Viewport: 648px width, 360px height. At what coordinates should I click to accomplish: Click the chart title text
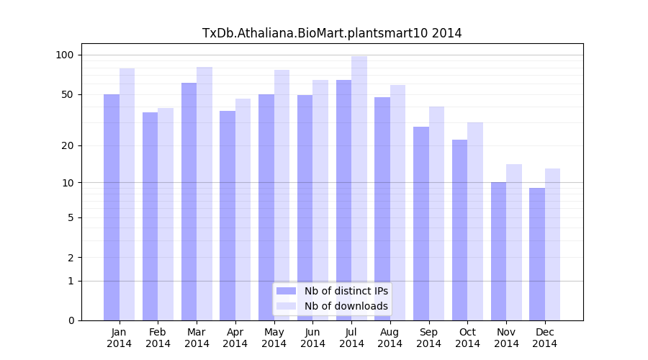click(x=332, y=33)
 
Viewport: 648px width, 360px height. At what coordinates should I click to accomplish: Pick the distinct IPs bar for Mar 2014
click(x=189, y=202)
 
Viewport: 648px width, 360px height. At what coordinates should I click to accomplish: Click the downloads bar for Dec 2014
click(x=553, y=245)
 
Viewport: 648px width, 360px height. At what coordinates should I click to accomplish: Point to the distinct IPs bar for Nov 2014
click(x=498, y=251)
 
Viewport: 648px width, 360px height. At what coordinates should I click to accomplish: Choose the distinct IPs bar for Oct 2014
click(x=459, y=230)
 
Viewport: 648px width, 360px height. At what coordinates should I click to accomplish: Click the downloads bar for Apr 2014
click(x=243, y=210)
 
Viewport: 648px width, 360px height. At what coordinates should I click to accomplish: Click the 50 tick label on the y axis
click(x=68, y=94)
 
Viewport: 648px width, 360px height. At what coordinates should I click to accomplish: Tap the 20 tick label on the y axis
click(x=68, y=145)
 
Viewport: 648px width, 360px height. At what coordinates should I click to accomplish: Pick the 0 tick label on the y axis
click(x=71, y=320)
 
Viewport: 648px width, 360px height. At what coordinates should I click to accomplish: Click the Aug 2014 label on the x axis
click(x=390, y=338)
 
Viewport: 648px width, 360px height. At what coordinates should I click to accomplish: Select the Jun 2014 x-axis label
click(x=312, y=338)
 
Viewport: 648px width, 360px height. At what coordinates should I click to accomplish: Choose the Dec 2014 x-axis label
click(x=545, y=338)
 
